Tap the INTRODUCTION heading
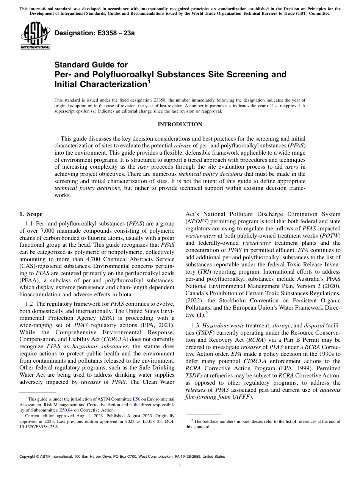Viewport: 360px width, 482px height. click(180, 124)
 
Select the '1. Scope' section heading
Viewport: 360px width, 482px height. click(31, 214)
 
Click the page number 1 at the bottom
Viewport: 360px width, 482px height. click(180, 465)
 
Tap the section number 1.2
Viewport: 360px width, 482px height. click(29, 304)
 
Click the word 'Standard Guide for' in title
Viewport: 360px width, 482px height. click(91, 65)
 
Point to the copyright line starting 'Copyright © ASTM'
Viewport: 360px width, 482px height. click(122, 457)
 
